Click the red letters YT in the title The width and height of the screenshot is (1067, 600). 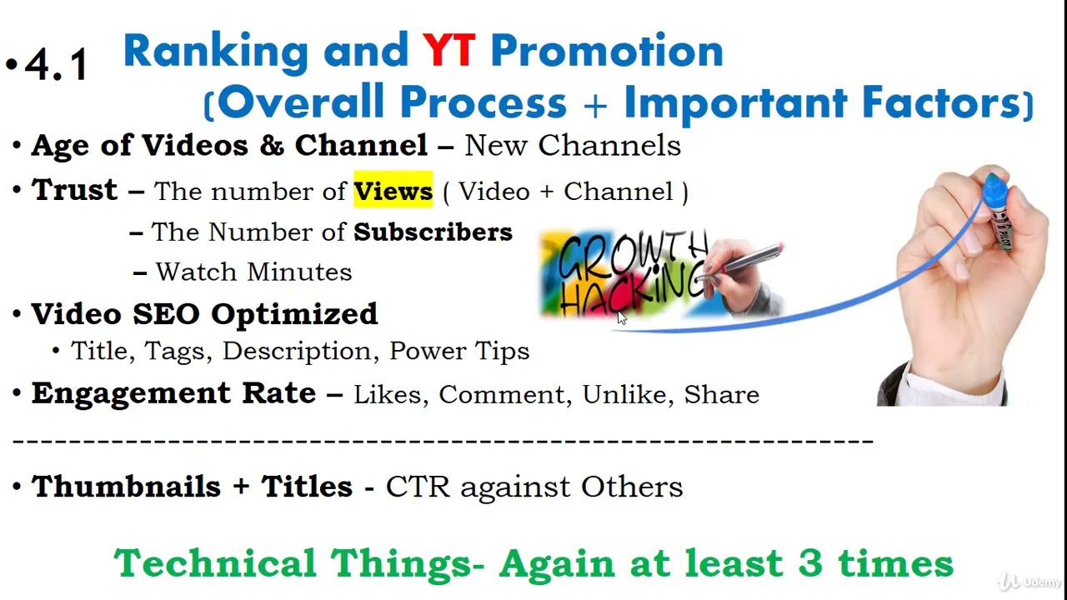pyautogui.click(x=448, y=50)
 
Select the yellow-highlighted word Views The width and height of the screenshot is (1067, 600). pyautogui.click(x=393, y=192)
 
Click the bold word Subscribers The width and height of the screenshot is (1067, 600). pyautogui.click(x=433, y=232)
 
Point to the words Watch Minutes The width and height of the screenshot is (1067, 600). pyautogui.click(x=254, y=272)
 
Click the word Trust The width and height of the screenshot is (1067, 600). pyautogui.click(x=74, y=189)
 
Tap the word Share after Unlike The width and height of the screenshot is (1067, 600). pyautogui.click(x=722, y=394)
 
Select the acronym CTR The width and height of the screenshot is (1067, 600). pyautogui.click(x=418, y=487)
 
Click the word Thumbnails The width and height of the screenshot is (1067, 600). pyautogui.click(x=126, y=486)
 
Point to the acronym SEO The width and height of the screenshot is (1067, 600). pyautogui.click(x=166, y=314)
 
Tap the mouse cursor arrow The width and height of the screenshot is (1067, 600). pyautogui.click(x=622, y=317)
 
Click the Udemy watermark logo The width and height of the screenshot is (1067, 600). pyautogui.click(x=1029, y=582)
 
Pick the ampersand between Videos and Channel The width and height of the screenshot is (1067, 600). pyautogui.click(x=272, y=145)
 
